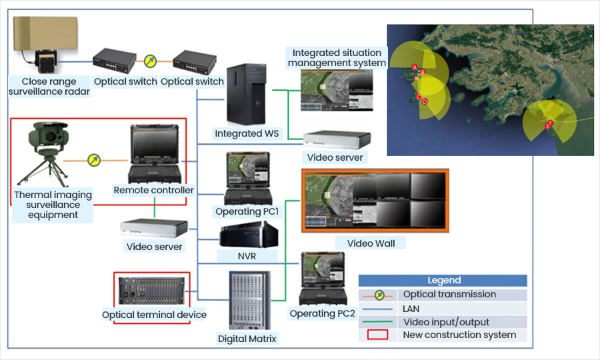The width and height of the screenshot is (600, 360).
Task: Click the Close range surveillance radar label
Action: coord(49,87)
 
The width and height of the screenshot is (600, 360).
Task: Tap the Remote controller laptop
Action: coord(154,155)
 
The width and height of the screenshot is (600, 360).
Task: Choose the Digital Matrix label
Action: coord(247,339)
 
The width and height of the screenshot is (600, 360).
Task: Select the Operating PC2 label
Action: coord(322,313)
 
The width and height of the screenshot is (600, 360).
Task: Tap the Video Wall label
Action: coord(371,243)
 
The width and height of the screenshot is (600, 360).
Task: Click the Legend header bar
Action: coord(443,280)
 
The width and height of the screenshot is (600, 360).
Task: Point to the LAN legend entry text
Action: coord(412,309)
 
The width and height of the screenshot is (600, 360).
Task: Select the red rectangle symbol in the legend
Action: coord(377,335)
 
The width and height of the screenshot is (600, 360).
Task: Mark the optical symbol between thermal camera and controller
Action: coord(95,160)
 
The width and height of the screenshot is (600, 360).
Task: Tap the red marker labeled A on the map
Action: coord(415,67)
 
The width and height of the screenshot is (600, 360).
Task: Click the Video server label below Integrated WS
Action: coord(335,157)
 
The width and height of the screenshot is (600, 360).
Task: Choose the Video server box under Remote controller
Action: coord(154,228)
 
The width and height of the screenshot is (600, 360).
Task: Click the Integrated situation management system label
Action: coord(337,58)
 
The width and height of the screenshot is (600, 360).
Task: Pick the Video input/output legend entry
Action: coord(446,322)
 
